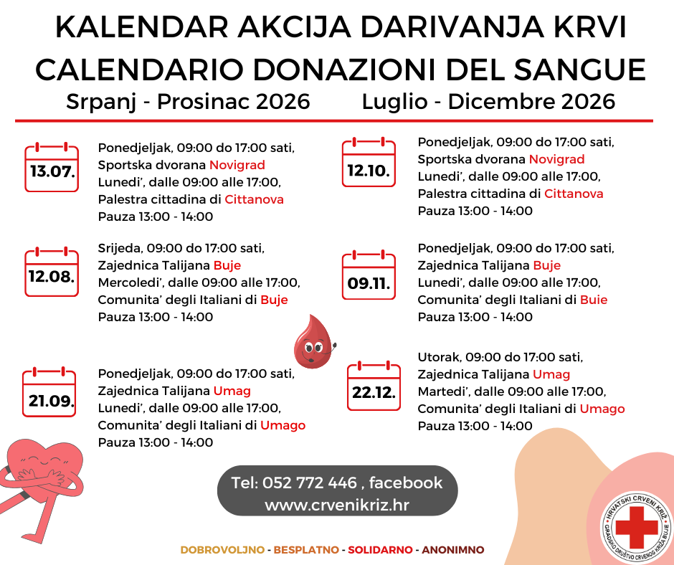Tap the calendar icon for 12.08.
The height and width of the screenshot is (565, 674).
pyautogui.click(x=52, y=272)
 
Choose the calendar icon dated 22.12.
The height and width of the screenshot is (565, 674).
pyautogui.click(x=374, y=386)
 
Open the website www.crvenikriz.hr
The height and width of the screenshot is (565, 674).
pyautogui.click(x=336, y=505)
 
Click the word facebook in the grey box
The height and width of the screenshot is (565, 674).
pyautogui.click(x=406, y=483)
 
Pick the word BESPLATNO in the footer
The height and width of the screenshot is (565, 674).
pyautogui.click(x=305, y=550)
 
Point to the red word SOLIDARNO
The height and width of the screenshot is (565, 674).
pyautogui.click(x=380, y=550)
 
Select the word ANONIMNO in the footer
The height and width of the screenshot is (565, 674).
pyautogui.click(x=453, y=550)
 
